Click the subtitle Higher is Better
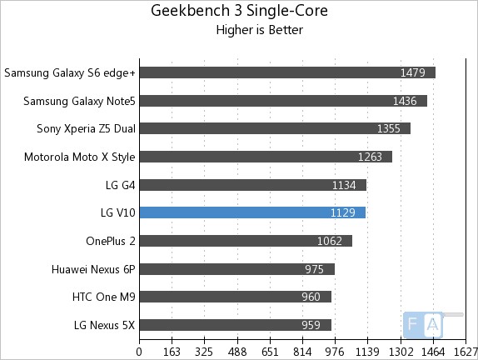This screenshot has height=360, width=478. click(259, 30)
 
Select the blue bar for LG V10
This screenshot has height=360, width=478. click(252, 212)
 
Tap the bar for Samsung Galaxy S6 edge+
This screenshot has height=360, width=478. click(287, 72)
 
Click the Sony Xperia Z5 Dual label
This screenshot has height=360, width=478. click(86, 128)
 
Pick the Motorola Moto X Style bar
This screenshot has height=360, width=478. click(266, 157)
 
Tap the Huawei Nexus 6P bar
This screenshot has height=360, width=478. click(237, 269)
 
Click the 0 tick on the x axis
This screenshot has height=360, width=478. click(140, 351)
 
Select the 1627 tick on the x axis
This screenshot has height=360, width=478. click(465, 351)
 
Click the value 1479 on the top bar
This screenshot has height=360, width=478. click(412, 72)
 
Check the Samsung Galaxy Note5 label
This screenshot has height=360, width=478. click(79, 101)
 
